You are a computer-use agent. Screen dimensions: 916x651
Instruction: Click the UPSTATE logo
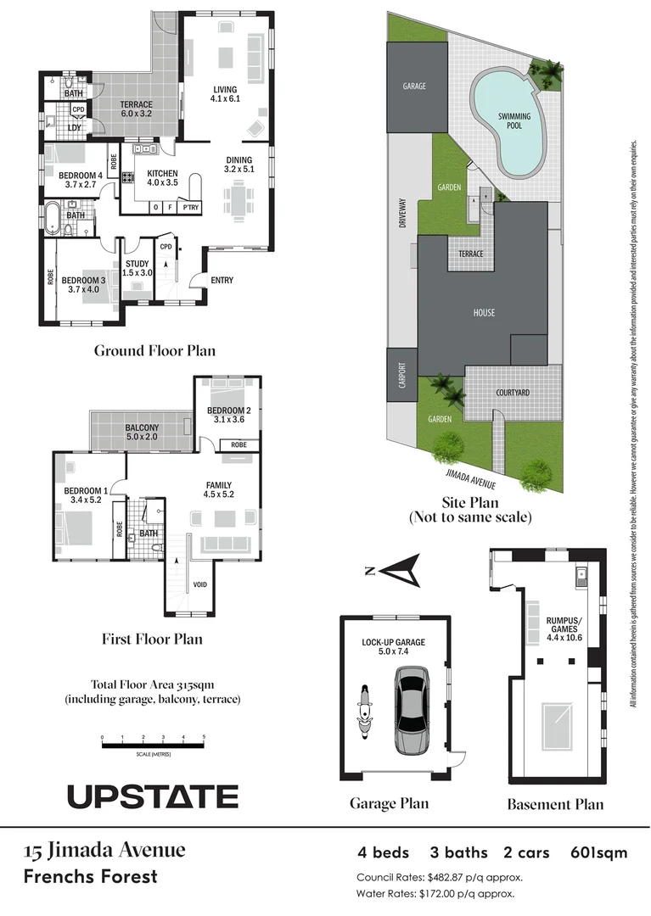coord(153,796)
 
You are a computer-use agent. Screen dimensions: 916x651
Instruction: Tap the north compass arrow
coord(399,570)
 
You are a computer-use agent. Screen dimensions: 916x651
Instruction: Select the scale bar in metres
coord(153,745)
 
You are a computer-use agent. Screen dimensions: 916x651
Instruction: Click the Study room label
coord(137,267)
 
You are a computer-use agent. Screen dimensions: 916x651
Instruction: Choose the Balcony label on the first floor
coord(142,432)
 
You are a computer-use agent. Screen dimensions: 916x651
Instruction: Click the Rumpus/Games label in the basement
coord(564,624)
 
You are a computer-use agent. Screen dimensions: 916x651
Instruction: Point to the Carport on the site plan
coord(402,376)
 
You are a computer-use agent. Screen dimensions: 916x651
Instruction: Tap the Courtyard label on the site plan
coord(513,393)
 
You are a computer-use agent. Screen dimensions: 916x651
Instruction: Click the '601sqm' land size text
coord(599,852)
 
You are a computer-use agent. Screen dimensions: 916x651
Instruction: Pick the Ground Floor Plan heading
coord(154,350)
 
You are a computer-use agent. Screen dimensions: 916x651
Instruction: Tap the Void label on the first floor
coord(200,584)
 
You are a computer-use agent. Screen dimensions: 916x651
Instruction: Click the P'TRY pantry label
coord(190,207)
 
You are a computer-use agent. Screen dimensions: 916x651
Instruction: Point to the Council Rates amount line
coord(440,877)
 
